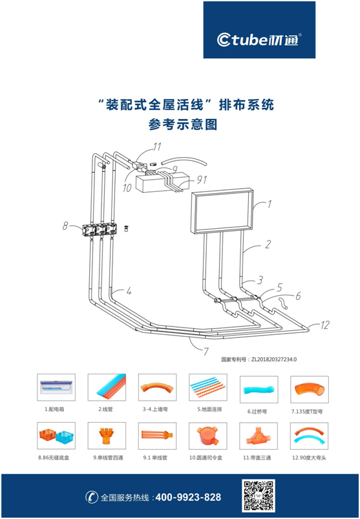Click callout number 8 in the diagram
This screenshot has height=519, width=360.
65,226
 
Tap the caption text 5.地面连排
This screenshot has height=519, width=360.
207,409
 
